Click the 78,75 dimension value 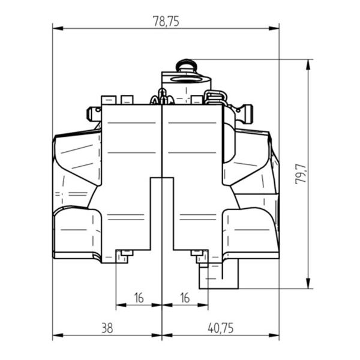(166, 22)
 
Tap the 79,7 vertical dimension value (301, 173)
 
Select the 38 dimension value (107, 328)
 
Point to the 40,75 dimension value (221, 328)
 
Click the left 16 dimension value (139, 298)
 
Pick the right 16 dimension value (185, 298)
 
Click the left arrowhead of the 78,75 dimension (58, 28)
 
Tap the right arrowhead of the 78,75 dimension (274, 28)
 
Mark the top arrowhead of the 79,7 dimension (308, 65)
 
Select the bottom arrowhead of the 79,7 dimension (308, 283)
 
